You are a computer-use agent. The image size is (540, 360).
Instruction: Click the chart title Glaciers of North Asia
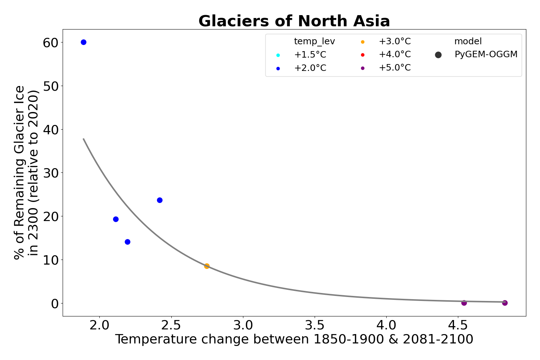coord(294,21)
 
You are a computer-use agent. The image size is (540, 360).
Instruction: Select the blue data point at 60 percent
coord(84,42)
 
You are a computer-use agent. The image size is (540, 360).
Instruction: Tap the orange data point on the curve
coord(207,266)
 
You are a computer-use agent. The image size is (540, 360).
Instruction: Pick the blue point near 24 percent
coord(160,200)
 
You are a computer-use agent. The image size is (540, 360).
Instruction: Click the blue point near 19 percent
coord(116,219)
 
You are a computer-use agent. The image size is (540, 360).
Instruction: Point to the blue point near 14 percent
coord(127,242)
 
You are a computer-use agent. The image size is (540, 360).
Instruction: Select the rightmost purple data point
coord(505,303)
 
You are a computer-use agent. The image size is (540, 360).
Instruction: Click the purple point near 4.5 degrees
coord(464,303)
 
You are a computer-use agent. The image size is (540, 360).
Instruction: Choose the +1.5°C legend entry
coord(310,55)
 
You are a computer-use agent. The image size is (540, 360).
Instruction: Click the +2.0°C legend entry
coord(310,68)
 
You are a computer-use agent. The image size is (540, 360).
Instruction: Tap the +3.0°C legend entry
coord(394,41)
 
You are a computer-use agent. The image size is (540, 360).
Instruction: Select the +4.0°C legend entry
coord(394,55)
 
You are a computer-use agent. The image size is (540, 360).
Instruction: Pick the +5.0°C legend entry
coord(394,68)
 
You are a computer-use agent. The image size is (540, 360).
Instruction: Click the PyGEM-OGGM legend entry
coord(486,55)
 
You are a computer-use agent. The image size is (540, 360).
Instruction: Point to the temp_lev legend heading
coord(314,41)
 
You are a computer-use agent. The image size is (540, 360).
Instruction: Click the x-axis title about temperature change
coord(294,339)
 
